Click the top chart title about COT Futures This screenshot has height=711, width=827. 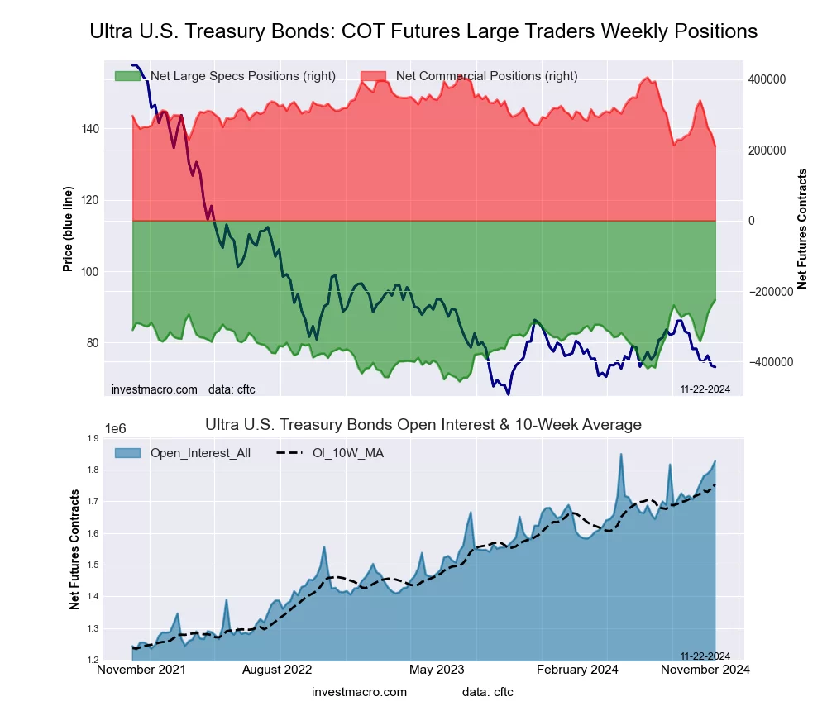tap(423, 31)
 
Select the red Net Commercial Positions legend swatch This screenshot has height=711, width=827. tap(373, 76)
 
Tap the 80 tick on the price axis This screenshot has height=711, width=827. tap(93, 343)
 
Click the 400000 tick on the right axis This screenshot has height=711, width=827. tap(766, 79)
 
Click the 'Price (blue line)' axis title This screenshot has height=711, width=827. tap(68, 231)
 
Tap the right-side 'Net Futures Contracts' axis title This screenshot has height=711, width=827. tap(801, 229)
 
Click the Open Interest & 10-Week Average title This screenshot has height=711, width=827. tap(423, 425)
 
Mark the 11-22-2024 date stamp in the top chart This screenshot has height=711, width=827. tap(705, 389)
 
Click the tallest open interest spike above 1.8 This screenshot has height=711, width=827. tap(620, 455)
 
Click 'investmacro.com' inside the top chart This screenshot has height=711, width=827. tap(154, 389)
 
